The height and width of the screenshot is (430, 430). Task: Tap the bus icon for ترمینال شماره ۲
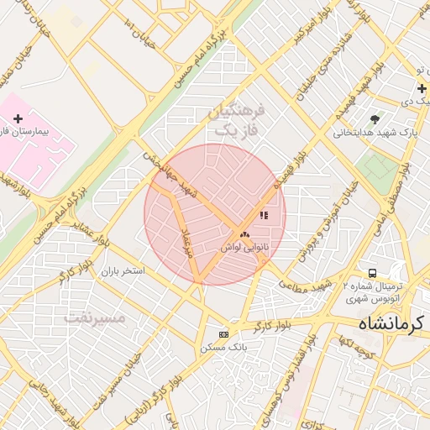372,274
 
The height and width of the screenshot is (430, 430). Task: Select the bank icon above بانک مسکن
223,334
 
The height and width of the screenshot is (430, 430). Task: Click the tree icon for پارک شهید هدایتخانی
375,118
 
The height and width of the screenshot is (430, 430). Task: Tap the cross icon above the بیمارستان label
18,119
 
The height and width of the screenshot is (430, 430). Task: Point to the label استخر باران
123,271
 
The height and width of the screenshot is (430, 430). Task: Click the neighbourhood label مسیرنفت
95,318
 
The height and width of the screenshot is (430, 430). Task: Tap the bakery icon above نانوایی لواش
244,234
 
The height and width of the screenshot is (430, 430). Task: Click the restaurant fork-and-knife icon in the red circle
264,215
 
